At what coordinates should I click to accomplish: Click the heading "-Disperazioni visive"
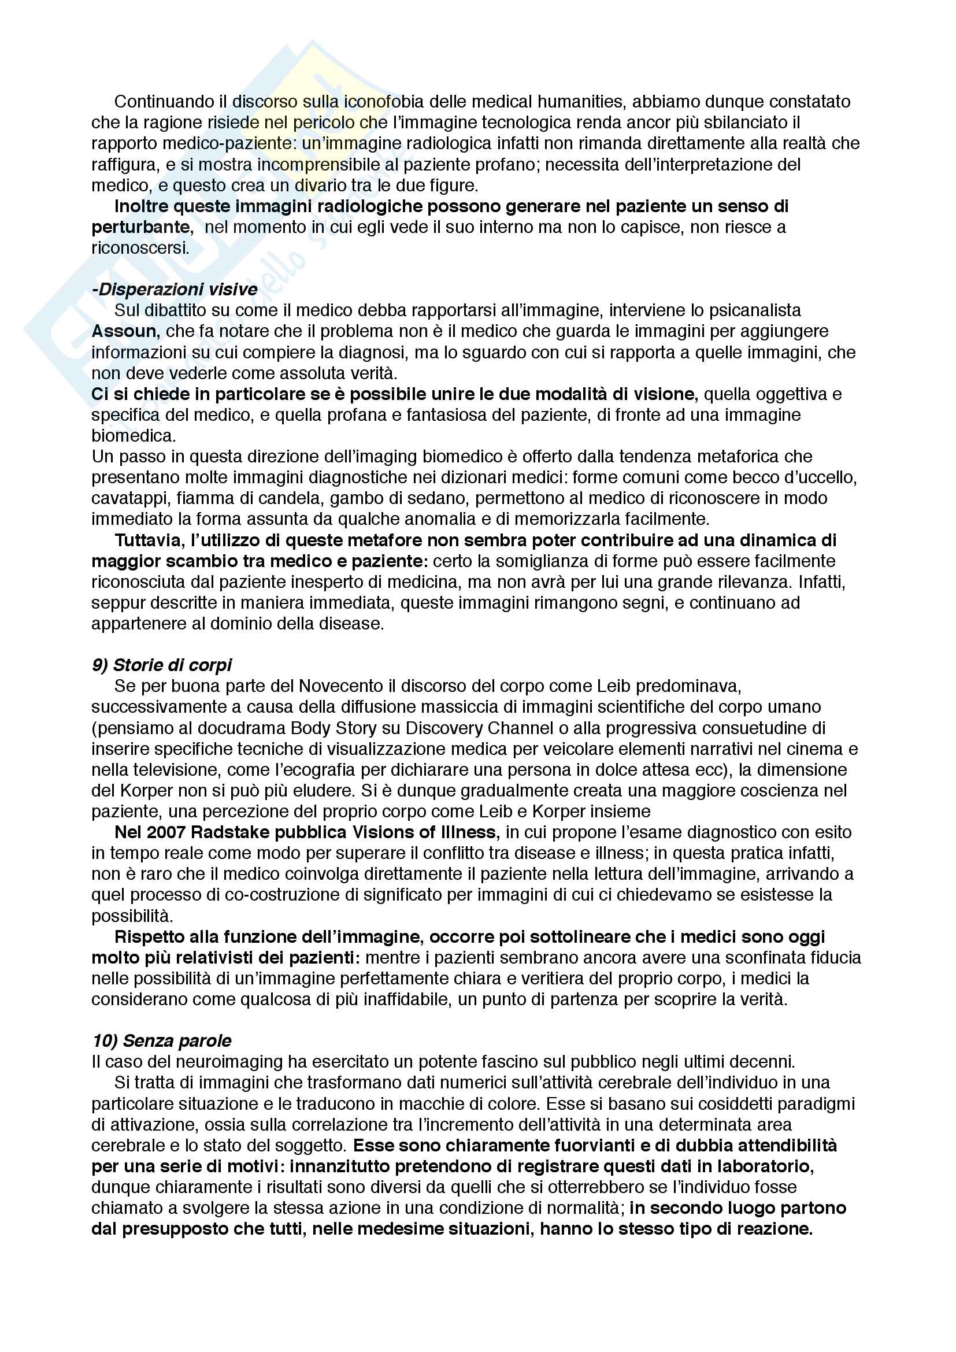point(175,289)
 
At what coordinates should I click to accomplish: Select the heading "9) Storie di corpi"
point(162,665)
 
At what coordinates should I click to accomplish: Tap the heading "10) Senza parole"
point(162,1040)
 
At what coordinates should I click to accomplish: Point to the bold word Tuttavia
point(150,540)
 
